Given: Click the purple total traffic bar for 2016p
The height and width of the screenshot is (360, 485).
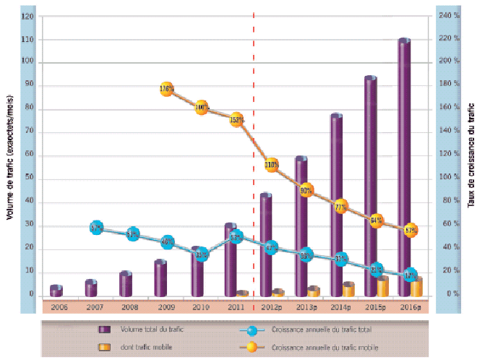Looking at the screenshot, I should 404,166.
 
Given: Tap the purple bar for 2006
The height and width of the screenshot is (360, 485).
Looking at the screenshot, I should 56,291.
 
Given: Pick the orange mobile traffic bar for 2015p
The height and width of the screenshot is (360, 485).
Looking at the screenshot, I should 382,286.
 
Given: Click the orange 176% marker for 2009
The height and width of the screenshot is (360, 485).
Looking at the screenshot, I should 166,90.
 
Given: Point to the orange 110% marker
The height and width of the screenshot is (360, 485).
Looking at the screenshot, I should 271,165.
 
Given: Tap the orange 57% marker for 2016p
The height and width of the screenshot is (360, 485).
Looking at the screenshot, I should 411,231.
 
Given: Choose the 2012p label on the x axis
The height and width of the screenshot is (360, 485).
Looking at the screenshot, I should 271,307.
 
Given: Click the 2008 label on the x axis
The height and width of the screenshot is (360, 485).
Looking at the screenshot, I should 130,307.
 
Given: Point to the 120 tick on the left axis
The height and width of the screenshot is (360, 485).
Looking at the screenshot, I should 28,16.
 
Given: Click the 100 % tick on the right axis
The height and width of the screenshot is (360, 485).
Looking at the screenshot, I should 452,178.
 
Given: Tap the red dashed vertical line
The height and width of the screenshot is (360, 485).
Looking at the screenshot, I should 254,145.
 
